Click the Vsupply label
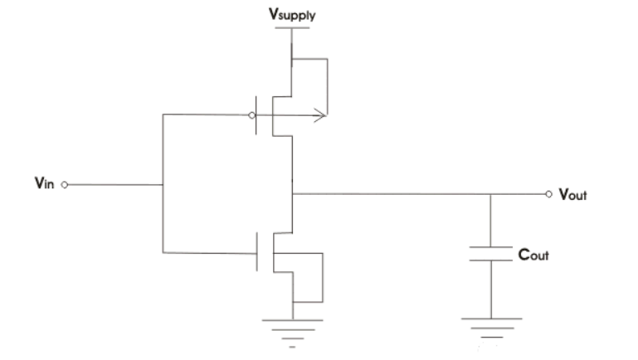point(290,15)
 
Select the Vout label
point(573,195)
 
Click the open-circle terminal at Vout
point(548,194)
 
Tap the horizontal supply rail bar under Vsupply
point(290,28)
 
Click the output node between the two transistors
point(291,194)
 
